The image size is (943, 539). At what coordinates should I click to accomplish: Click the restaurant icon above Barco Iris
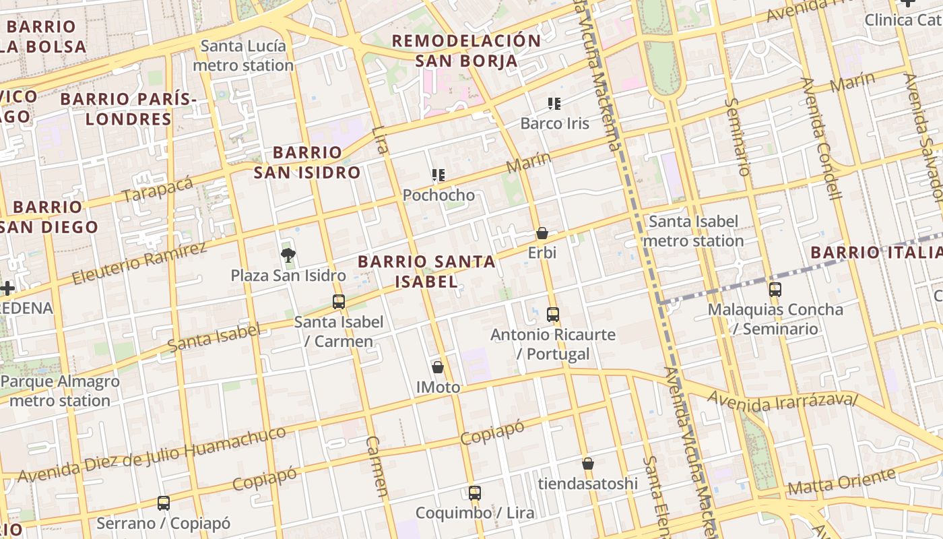(554, 104)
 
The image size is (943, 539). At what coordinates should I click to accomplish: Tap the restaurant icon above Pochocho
(438, 176)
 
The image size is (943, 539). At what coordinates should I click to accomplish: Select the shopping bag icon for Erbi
(542, 233)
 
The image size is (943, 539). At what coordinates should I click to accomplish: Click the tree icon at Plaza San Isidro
(288, 255)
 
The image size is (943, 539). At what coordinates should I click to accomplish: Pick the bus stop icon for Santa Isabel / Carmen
(339, 301)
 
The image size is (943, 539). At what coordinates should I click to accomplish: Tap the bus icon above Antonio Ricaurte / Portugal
(553, 314)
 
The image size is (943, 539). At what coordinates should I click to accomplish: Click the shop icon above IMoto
(438, 367)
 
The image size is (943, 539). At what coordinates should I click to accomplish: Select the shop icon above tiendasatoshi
(588, 464)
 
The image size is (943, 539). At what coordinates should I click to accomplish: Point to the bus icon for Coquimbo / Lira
(475, 493)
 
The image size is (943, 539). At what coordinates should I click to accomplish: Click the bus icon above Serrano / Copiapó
(163, 503)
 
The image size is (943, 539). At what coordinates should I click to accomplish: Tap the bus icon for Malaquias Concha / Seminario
(775, 290)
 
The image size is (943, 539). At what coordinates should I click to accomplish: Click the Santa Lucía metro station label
(243, 56)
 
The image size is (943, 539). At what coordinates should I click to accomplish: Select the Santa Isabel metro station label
(693, 231)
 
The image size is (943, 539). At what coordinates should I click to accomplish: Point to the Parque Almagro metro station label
(59, 391)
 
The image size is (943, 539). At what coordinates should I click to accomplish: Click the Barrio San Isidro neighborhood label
(307, 162)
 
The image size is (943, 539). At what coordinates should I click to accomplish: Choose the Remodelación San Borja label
(466, 51)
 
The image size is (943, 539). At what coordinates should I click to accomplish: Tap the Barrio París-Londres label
(128, 109)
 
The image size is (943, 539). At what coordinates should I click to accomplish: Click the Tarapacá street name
(158, 189)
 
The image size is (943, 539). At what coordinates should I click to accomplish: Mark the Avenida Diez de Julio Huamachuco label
(152, 454)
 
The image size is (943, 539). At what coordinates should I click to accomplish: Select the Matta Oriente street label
(841, 482)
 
